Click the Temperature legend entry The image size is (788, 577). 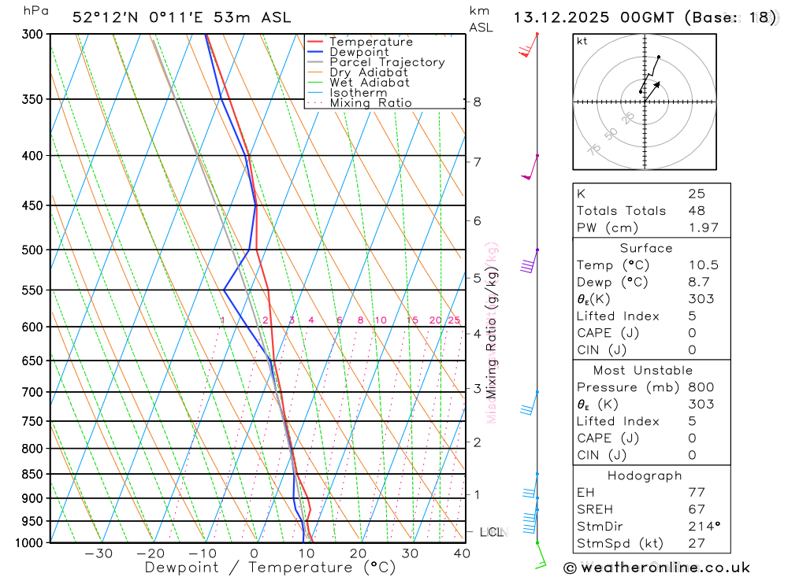click(370, 42)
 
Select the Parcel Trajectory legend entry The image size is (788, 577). click(387, 62)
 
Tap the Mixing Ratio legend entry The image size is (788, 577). click(370, 103)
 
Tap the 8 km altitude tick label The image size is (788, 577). click(477, 102)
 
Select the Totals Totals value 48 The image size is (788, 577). click(697, 210)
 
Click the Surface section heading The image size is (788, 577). click(645, 248)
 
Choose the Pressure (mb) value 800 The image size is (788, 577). click(701, 387)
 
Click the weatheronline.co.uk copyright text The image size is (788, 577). click(657, 567)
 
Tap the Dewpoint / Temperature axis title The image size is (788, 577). click(269, 568)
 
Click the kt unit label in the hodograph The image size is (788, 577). click(582, 41)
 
